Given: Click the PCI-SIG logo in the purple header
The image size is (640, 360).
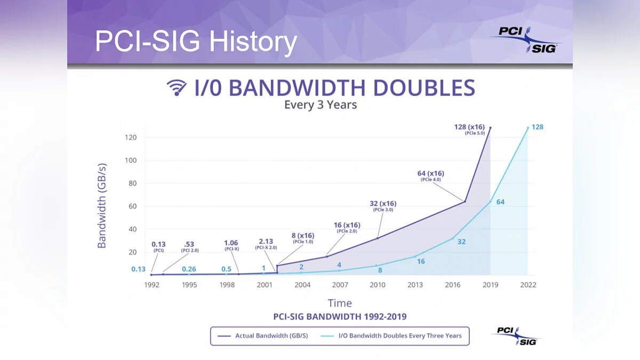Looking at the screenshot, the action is point(526,39).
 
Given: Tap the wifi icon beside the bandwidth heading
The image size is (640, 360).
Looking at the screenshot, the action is point(177,87).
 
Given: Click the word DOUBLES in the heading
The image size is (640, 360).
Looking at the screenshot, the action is point(424,87).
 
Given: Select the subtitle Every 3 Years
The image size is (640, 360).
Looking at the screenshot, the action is point(321,105).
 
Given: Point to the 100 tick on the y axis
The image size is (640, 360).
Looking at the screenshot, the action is point(131,161).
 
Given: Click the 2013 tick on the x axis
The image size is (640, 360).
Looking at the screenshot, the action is point(415,285).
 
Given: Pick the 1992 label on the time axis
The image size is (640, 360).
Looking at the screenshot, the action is point(151,285).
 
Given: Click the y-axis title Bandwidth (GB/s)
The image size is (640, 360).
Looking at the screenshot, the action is point(102,206).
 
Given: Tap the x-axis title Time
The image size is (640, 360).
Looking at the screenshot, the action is point(340,303).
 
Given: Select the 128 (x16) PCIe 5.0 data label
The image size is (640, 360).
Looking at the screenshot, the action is point(469,129).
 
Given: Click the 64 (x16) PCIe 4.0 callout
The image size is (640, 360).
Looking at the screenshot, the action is point(430,175).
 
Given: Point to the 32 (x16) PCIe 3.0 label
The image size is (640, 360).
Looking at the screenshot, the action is point(383,206).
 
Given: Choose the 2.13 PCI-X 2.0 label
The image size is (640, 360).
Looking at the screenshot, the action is point(266,244).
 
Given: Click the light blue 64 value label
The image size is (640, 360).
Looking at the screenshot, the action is point(500,202).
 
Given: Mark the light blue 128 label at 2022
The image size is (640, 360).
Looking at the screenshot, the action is point(538,127).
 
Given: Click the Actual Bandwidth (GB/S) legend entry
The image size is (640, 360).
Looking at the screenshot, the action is point(263,335).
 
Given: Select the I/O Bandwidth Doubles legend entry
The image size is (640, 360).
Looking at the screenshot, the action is point(391,335).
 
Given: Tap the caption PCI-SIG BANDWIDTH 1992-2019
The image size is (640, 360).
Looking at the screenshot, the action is point(340,317).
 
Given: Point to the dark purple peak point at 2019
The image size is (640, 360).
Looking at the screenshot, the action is point(491,127).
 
